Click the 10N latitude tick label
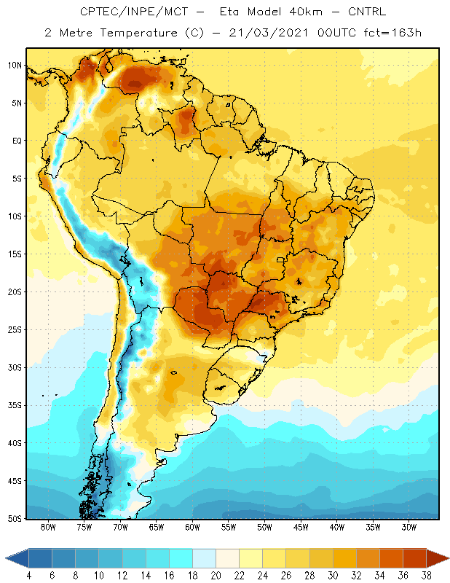pyautogui.click(x=15, y=66)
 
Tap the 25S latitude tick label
pyautogui.click(x=15, y=330)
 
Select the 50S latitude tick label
pyautogui.click(x=15, y=519)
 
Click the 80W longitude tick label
pyautogui.click(x=48, y=527)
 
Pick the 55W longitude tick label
pyautogui.click(x=228, y=527)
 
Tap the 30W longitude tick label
pyautogui.click(x=408, y=527)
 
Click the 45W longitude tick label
pyautogui.click(x=301, y=527)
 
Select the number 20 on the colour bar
pyautogui.click(x=216, y=576)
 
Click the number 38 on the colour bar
pyautogui.click(x=426, y=576)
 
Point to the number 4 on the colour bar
pyautogui.click(x=29, y=576)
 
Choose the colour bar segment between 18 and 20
pyautogui.click(x=204, y=557)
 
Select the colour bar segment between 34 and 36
pyautogui.click(x=391, y=557)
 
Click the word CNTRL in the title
pyautogui.click(x=367, y=12)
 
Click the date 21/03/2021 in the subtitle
pyautogui.click(x=269, y=33)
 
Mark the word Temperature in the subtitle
pyautogui.click(x=138, y=34)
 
